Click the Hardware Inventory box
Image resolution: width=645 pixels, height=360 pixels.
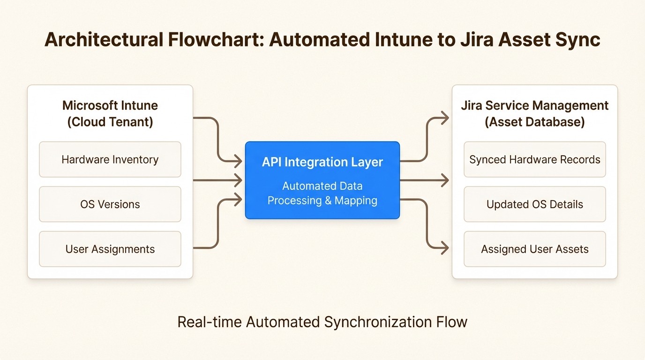(x=110, y=159)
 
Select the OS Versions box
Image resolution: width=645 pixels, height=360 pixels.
(x=110, y=204)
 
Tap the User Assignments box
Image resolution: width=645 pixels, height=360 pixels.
(x=110, y=249)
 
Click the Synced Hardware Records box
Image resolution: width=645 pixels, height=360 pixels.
(x=534, y=159)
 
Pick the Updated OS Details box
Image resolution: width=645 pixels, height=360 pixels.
(x=534, y=204)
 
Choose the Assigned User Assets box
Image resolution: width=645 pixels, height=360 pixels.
(x=534, y=249)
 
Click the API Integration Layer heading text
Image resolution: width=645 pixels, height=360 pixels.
(x=322, y=162)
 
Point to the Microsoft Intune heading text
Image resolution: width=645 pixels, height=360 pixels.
(x=110, y=105)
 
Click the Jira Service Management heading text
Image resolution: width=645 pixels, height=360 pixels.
(x=534, y=105)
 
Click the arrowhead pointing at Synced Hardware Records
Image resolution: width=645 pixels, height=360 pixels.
(x=443, y=118)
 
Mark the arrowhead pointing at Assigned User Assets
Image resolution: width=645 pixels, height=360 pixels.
(x=443, y=248)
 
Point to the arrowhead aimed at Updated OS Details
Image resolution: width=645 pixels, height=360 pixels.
(x=443, y=180)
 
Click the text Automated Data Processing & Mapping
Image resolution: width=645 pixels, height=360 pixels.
(x=322, y=193)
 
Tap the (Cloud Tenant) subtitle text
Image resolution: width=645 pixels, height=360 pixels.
(x=110, y=122)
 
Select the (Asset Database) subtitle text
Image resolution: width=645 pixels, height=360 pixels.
(x=534, y=122)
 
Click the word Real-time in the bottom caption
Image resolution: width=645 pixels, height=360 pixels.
(x=210, y=322)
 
